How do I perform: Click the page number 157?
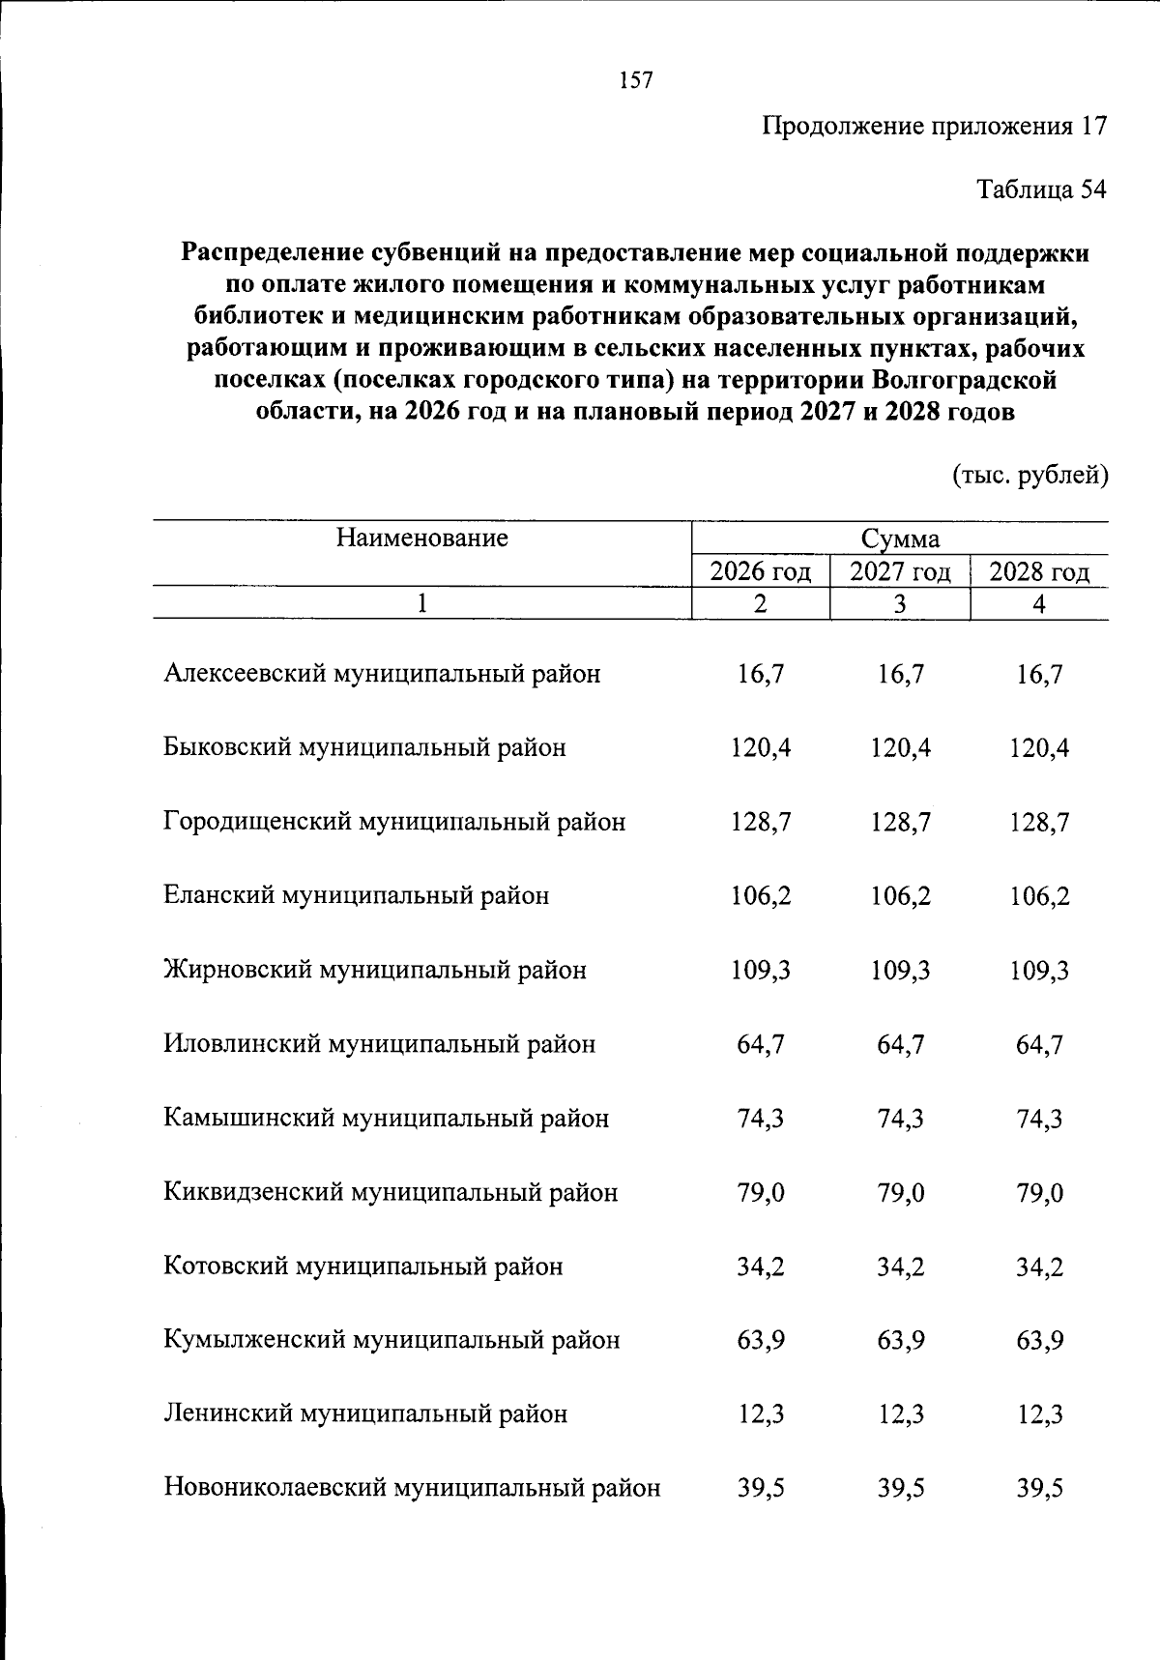[x=636, y=80]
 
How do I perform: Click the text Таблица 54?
[x=1041, y=189]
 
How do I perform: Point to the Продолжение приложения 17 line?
[x=934, y=126]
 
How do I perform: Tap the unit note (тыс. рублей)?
[x=1030, y=476]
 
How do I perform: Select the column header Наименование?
[x=422, y=538]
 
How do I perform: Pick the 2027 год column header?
[x=900, y=572]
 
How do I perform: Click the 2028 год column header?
[x=1039, y=572]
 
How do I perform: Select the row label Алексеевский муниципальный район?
[x=382, y=674]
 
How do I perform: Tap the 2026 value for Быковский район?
[x=761, y=747]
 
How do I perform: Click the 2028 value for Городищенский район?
[x=1039, y=822]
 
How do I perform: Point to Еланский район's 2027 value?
[x=900, y=896]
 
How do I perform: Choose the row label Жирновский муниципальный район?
[x=375, y=970]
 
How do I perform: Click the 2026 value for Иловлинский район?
[x=761, y=1044]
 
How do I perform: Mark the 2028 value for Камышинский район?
[x=1039, y=1119]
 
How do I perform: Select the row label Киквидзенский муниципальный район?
[x=391, y=1192]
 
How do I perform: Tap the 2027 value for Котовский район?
[x=900, y=1267]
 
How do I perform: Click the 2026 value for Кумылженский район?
[x=761, y=1340]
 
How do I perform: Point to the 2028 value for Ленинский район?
[x=1039, y=1414]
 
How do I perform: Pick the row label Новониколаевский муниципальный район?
[x=413, y=1488]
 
